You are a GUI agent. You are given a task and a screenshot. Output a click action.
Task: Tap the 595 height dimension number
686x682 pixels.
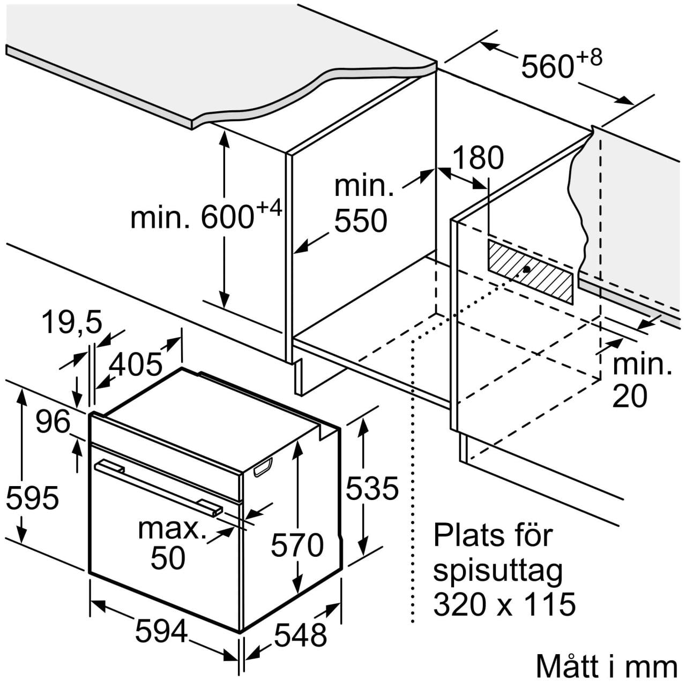32,497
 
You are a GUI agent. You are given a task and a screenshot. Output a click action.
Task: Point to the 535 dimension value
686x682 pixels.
372,488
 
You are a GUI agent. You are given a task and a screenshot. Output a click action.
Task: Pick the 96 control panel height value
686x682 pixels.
54,422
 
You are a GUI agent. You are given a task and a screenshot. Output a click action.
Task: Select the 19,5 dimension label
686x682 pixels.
72,322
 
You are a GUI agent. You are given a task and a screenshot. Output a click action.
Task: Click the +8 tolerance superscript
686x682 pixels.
588,57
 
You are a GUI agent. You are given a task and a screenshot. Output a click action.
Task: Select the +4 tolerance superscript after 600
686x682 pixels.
269,208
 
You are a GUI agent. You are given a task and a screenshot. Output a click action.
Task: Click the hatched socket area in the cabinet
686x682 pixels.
531,271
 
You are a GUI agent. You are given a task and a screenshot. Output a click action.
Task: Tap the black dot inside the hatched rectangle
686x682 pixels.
526,269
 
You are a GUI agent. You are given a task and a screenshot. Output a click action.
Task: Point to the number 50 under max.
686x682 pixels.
168,558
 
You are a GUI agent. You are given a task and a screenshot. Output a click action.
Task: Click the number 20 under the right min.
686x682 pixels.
629,397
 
